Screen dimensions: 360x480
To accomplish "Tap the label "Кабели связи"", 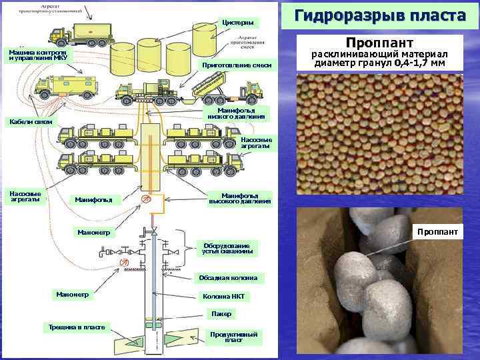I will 29,122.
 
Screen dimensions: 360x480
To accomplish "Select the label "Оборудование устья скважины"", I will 228,247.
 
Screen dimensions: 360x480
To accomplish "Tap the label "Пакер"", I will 221,313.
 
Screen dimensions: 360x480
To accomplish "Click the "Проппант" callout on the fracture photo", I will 437,232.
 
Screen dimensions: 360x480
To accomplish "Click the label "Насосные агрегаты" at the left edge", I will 25,197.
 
